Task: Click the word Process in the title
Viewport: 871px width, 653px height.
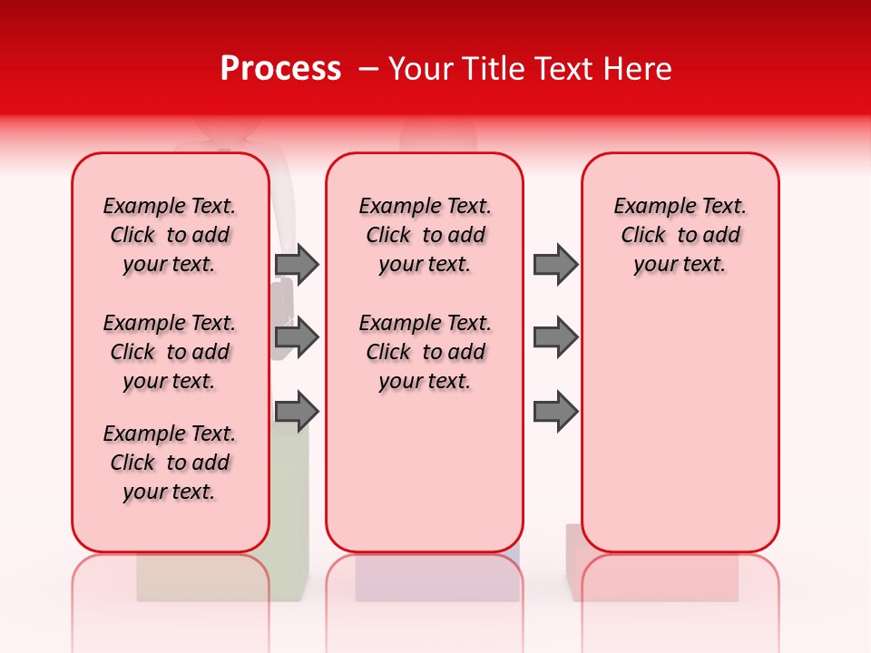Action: pyautogui.click(x=280, y=68)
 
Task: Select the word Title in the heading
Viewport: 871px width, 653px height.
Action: pyautogui.click(x=494, y=68)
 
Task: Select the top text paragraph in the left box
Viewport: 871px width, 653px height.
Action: pyautogui.click(x=170, y=235)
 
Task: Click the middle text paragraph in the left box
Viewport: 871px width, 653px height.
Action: pyautogui.click(x=170, y=352)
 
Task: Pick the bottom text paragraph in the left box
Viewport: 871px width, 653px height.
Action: pyautogui.click(x=170, y=463)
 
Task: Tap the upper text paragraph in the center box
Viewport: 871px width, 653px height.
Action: pyautogui.click(x=425, y=235)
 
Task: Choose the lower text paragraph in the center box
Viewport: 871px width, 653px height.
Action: pyautogui.click(x=425, y=352)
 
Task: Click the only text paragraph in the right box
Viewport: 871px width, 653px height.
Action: pyautogui.click(x=680, y=235)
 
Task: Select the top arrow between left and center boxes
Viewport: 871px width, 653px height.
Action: pyautogui.click(x=297, y=265)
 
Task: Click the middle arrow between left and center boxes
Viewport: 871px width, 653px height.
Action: pyautogui.click(x=297, y=338)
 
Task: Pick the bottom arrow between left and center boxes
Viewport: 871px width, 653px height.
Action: pyautogui.click(x=297, y=413)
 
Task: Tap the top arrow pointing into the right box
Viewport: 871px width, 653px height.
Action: pyautogui.click(x=555, y=265)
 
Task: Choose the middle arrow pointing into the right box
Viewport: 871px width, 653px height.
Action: pyautogui.click(x=555, y=338)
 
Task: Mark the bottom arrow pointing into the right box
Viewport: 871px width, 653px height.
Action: pyautogui.click(x=555, y=413)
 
